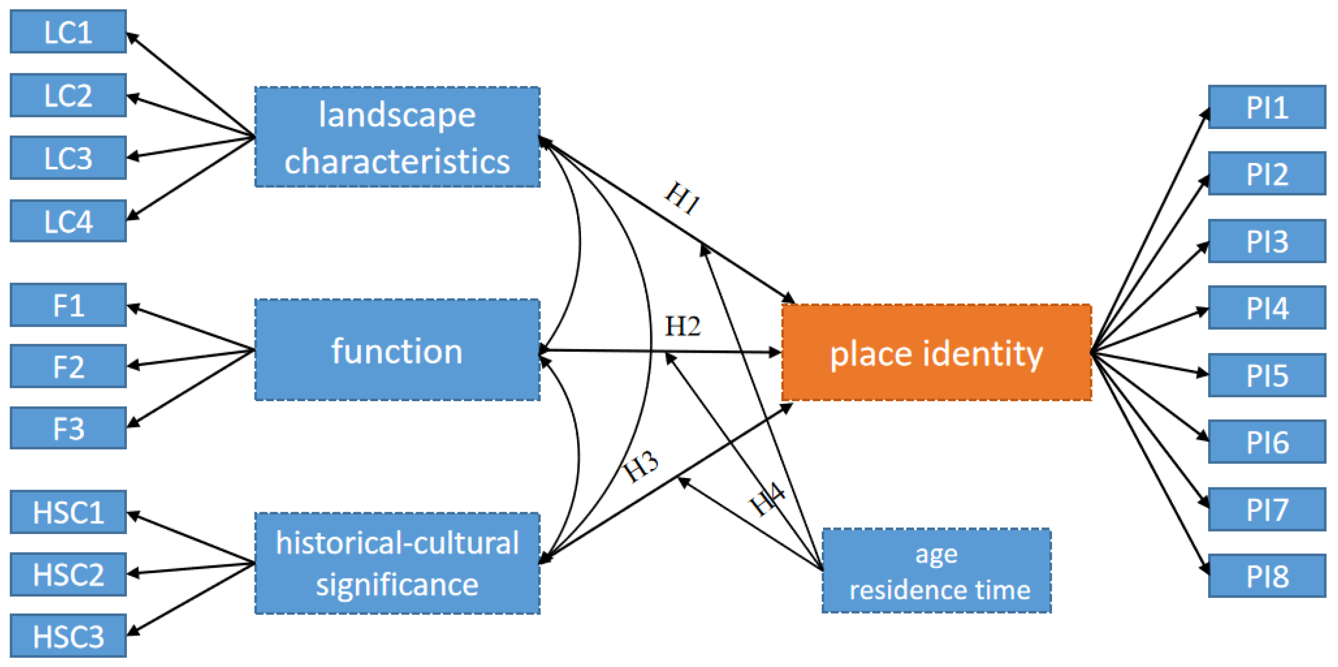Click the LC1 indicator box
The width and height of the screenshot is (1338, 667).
pyautogui.click(x=68, y=32)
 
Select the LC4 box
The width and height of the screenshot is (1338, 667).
pyautogui.click(x=68, y=221)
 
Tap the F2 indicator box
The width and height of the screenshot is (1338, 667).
pyautogui.click(x=68, y=366)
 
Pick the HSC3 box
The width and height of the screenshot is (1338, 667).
pyautogui.click(x=68, y=636)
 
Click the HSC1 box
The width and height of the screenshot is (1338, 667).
pyautogui.click(x=68, y=512)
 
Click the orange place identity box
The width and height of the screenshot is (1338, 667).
pyautogui.click(x=936, y=352)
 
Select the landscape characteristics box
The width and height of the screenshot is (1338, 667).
pyautogui.click(x=397, y=137)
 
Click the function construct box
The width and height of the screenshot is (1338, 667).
pyautogui.click(x=397, y=350)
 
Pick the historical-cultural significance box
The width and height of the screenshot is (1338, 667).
pyautogui.click(x=397, y=564)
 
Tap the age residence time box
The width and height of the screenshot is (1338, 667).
pyautogui.click(x=936, y=571)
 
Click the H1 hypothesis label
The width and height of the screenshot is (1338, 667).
pyautogui.click(x=682, y=198)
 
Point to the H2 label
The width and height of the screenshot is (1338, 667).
pyautogui.click(x=682, y=326)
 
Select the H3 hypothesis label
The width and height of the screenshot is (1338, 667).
pyautogui.click(x=641, y=465)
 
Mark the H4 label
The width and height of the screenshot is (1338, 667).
pyautogui.click(x=766, y=499)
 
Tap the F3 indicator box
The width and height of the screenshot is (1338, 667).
pyautogui.click(x=68, y=428)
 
